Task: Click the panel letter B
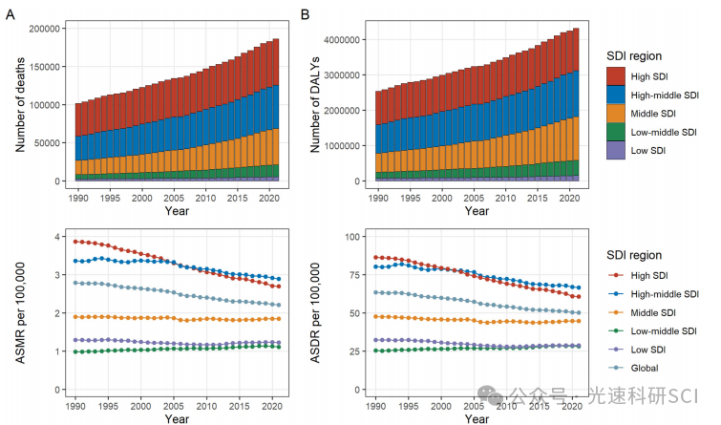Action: pos(306,14)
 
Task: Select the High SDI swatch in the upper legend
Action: pos(616,74)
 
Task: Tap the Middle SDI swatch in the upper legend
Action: pos(616,113)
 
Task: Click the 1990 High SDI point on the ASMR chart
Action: pos(76,242)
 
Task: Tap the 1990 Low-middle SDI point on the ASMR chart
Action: pos(76,352)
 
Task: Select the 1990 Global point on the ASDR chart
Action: pos(376,292)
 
